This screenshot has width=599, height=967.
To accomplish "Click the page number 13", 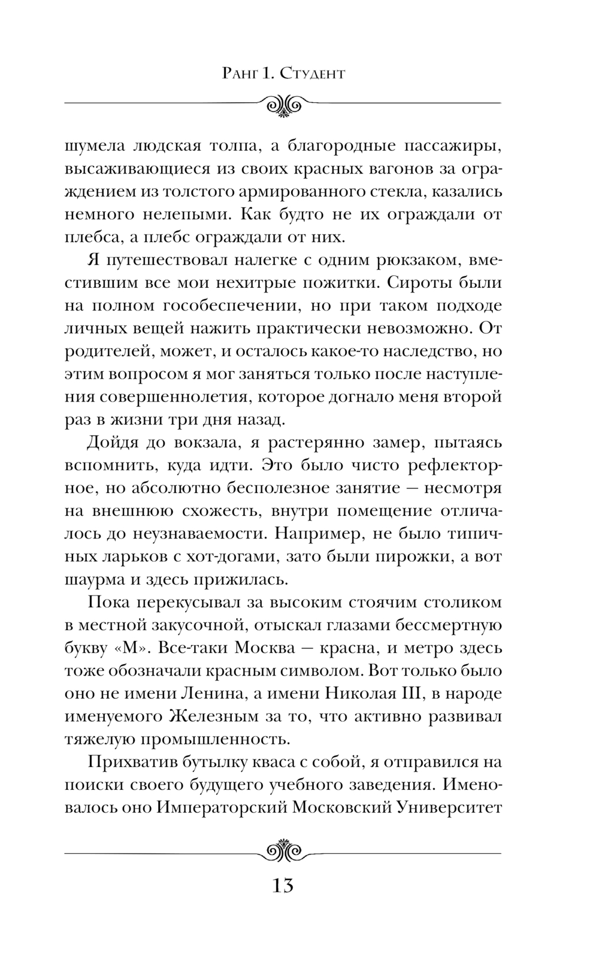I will tap(282, 885).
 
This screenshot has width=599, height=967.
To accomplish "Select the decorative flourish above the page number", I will tap(283, 849).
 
